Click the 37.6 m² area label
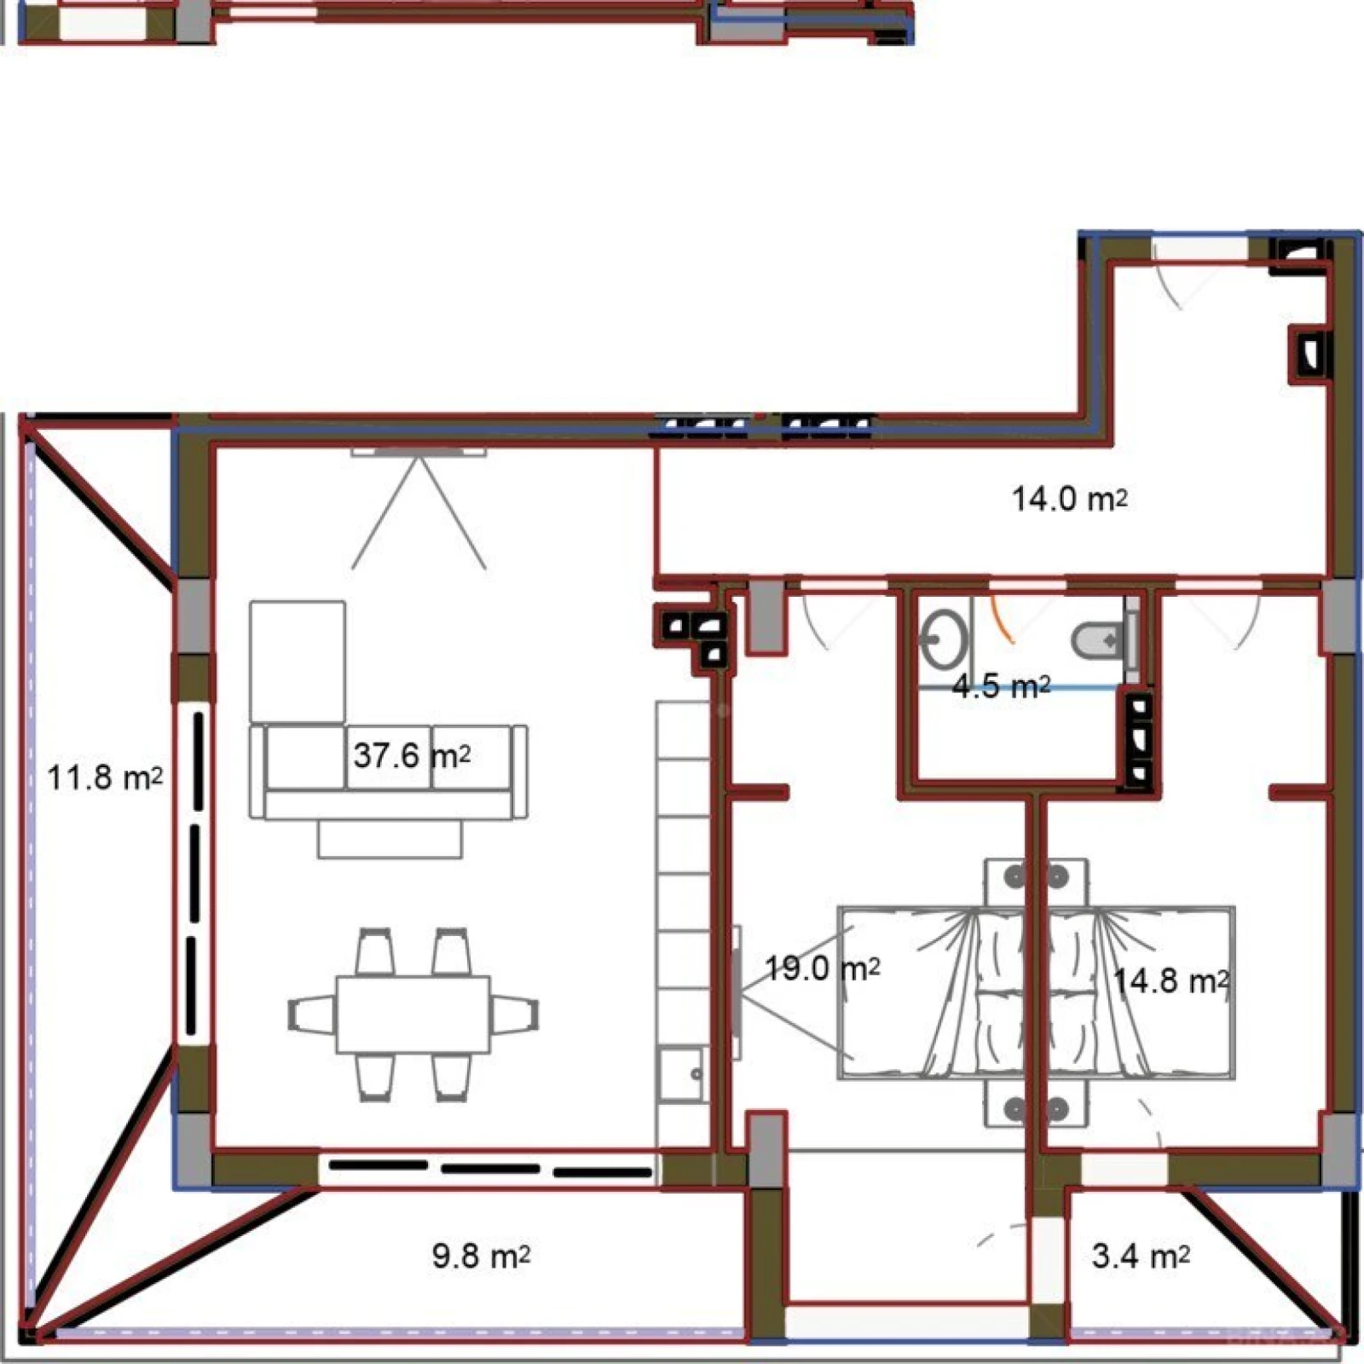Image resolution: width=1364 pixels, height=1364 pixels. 412,755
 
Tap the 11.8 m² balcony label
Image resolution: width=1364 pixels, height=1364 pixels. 104,777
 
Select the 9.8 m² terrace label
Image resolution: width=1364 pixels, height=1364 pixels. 481,1256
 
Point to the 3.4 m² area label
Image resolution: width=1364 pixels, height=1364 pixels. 1141,1256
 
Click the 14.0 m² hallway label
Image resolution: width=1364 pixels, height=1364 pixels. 1069,499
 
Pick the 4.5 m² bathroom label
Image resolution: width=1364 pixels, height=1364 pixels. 1001,686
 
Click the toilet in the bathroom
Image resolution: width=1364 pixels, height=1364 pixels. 1100,639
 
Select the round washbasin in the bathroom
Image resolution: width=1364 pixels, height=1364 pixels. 944,639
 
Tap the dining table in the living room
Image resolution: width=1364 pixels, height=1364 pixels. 413,1014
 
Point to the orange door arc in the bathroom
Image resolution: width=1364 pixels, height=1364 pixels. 1003,618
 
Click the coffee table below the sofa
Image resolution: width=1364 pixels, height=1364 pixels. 390,838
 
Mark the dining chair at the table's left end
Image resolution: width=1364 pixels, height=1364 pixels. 313,1014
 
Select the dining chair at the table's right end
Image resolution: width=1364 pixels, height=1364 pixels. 514,1014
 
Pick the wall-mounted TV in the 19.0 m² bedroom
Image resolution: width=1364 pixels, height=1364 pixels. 737,992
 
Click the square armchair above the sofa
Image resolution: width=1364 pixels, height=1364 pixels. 298,662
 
